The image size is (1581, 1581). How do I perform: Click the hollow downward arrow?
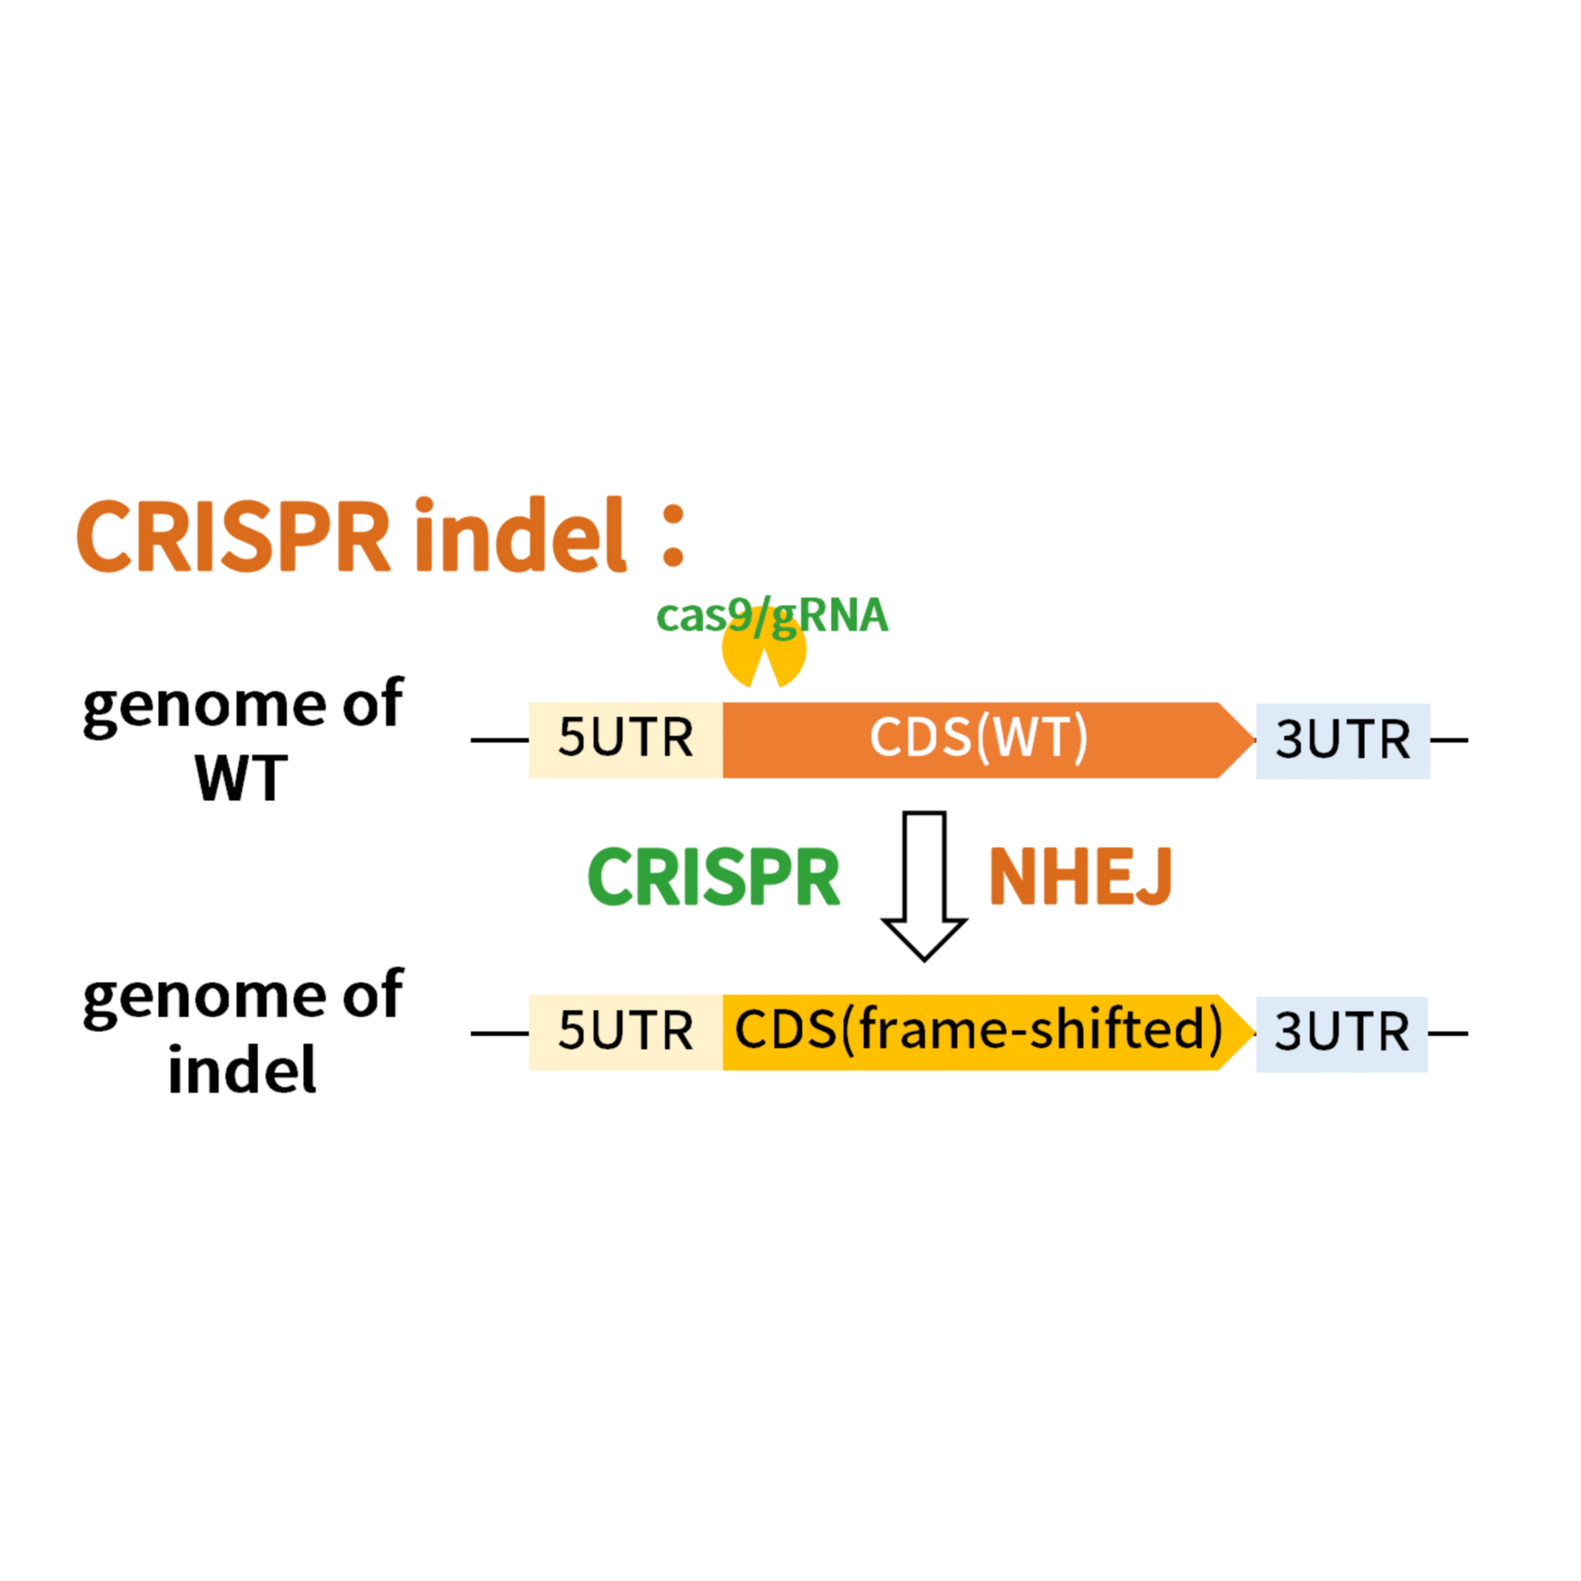(x=924, y=884)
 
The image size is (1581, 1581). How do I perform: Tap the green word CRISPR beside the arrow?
(x=714, y=877)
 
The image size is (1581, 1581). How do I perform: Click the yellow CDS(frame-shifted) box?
(x=978, y=1032)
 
